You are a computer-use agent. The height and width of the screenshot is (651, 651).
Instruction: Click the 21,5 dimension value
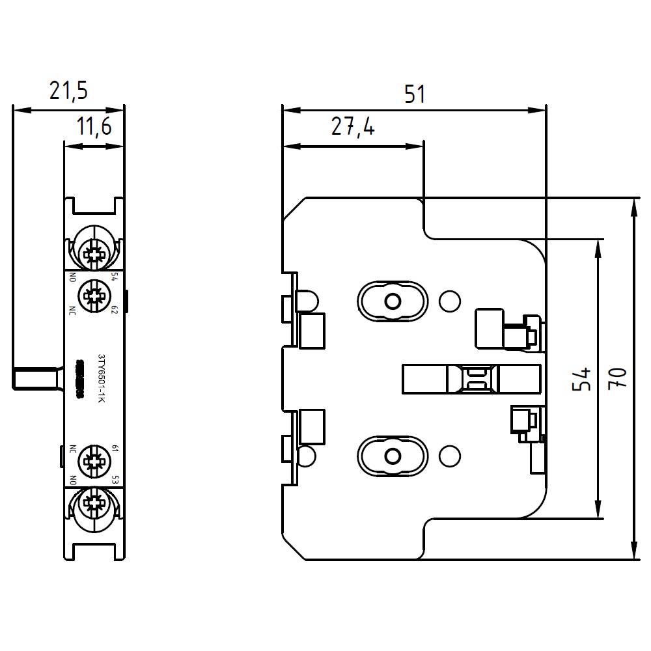pos(68,92)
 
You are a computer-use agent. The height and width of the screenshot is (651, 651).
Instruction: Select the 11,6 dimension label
pos(94,127)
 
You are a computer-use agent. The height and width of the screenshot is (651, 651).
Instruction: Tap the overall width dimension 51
pos(414,94)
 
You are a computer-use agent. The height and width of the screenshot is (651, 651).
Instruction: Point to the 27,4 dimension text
pos(352,127)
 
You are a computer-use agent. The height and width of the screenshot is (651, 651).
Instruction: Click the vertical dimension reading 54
pos(583,378)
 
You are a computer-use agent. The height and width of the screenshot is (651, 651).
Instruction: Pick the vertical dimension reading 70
pos(620,378)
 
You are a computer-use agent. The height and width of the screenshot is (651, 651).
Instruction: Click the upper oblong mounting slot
pos(393,301)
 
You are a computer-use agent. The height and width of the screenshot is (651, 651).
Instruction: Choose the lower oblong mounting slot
pos(393,456)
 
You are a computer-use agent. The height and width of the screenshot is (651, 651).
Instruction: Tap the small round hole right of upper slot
pos(449,301)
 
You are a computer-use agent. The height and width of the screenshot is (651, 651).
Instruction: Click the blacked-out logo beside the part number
pos(81,378)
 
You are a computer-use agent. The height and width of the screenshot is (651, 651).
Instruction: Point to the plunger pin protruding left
pos(36,378)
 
